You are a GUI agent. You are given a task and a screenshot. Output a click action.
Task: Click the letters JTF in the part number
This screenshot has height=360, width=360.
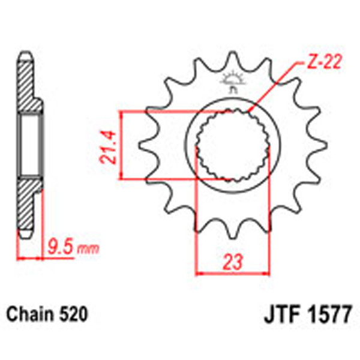point(280,314)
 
